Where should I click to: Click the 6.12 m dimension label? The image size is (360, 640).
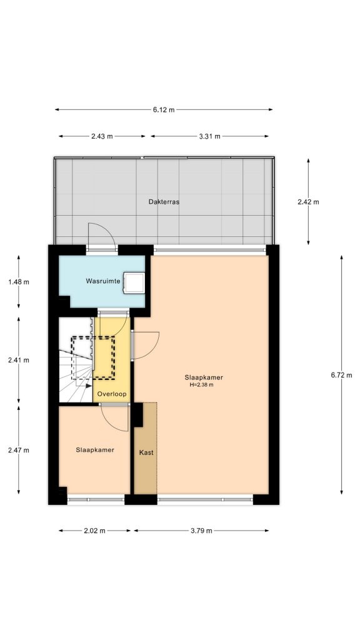coord(164,109)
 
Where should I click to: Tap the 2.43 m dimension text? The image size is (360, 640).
coord(102,136)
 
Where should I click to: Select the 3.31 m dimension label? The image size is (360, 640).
coord(209,136)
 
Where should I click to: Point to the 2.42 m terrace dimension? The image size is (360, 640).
coord(309,202)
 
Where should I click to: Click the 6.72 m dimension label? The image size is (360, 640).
coord(341,375)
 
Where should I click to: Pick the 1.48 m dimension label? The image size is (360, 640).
coord(19,282)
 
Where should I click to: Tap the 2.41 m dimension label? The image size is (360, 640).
coord(19,361)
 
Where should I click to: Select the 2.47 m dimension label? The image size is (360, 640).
coord(19,449)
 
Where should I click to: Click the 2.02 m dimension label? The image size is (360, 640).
coord(95,531)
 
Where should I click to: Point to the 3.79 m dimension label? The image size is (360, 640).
coord(201,531)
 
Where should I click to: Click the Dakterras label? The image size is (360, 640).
coord(164,202)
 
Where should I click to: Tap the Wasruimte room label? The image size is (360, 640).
coord(103,282)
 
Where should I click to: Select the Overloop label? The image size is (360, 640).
coord(112,394)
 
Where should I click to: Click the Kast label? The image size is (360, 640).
coord(146,452)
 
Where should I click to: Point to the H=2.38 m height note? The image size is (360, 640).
coord(201,385)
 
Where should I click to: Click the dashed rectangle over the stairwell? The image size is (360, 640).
coord(94,357)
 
